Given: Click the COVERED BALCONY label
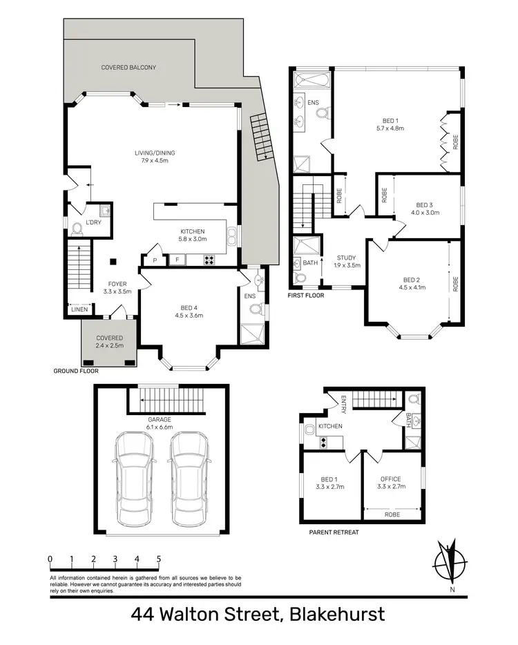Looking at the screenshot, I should pyautogui.click(x=128, y=68).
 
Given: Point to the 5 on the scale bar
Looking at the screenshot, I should pyautogui.click(x=159, y=559).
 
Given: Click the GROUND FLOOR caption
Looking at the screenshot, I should pyautogui.click(x=76, y=371).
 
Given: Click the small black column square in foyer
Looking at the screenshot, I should pyautogui.click(x=114, y=261).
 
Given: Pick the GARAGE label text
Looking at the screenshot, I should pyautogui.click(x=158, y=419).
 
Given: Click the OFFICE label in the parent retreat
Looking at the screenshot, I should pyautogui.click(x=391, y=479).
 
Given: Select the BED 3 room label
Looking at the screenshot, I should pyautogui.click(x=423, y=204).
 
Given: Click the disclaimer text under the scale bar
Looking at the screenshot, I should pyautogui.click(x=145, y=584).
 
